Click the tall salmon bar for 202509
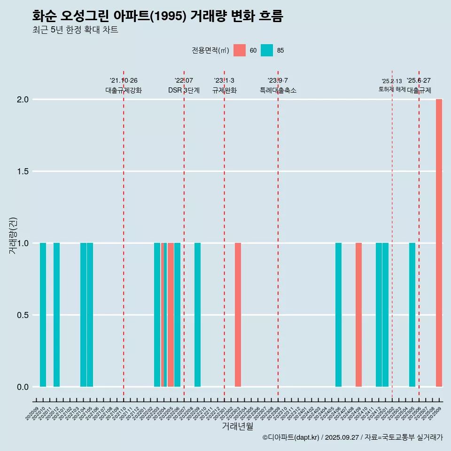point(439,243)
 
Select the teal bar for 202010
point(43,315)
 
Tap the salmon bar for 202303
point(238,315)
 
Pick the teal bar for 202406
point(338,315)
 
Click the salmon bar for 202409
point(358,315)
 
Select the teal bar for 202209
point(197,315)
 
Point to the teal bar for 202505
point(412,315)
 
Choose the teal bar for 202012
point(56,315)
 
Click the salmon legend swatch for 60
point(240,50)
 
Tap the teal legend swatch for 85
point(267,50)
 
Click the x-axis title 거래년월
point(237,427)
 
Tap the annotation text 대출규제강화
point(123,90)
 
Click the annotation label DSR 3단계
point(184,90)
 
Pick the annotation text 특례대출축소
point(278,90)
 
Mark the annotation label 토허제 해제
point(392,89)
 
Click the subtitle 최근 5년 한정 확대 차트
point(75,30)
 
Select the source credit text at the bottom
point(352,437)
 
